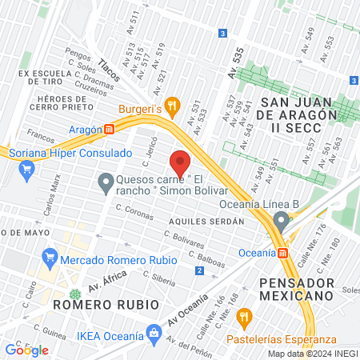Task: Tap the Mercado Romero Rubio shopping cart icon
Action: (x=50, y=258)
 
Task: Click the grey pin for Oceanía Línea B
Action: (x=280, y=220)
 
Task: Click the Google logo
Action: (x=26, y=350)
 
